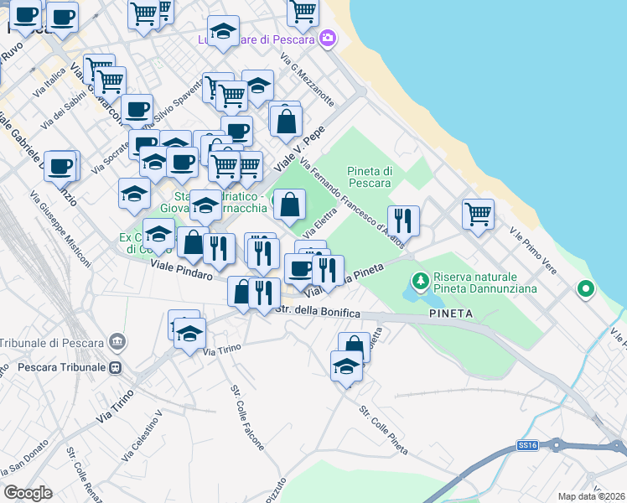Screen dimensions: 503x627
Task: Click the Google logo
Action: [28, 493]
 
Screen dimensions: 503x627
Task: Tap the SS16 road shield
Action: [526, 445]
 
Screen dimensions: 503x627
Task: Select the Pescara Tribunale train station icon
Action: [117, 367]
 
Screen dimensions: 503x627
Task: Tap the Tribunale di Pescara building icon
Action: [117, 342]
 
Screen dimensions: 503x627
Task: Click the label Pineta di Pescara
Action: [370, 177]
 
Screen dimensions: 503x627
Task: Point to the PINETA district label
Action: [451, 314]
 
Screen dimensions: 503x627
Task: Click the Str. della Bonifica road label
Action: [318, 313]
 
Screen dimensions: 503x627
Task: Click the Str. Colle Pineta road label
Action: [383, 432]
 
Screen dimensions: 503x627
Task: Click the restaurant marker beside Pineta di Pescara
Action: [403, 220]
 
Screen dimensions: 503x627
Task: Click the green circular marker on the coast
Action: [585, 290]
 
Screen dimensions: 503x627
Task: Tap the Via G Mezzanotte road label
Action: [308, 81]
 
